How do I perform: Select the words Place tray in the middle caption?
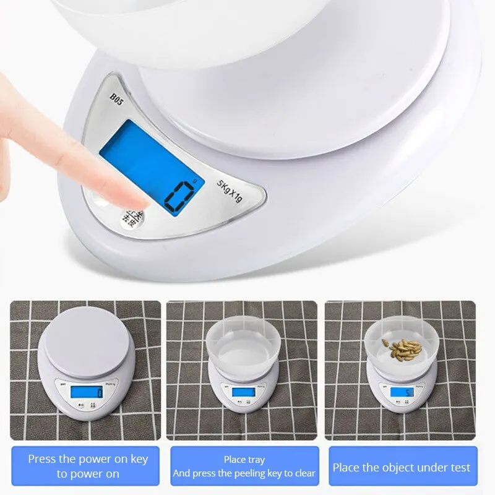244,460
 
